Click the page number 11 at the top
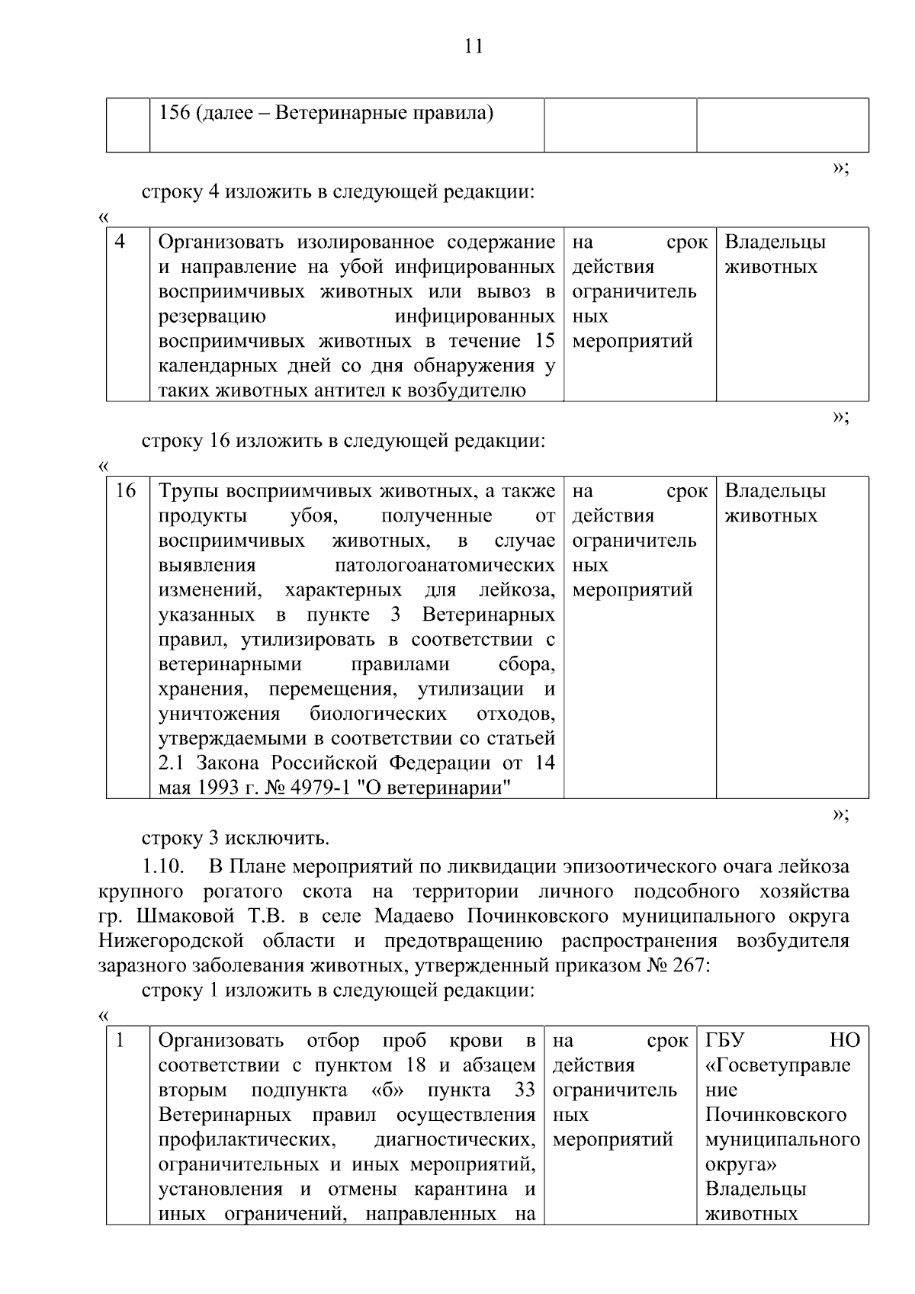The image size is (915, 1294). click(473, 47)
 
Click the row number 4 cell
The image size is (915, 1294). click(120, 242)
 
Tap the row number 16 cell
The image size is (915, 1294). click(125, 491)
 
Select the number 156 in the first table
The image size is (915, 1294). click(174, 114)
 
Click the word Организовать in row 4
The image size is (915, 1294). click(220, 242)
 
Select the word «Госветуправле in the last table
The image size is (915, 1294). click(778, 1065)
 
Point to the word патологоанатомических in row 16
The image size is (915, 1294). click(445, 566)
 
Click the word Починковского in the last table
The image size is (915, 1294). click(775, 1115)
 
